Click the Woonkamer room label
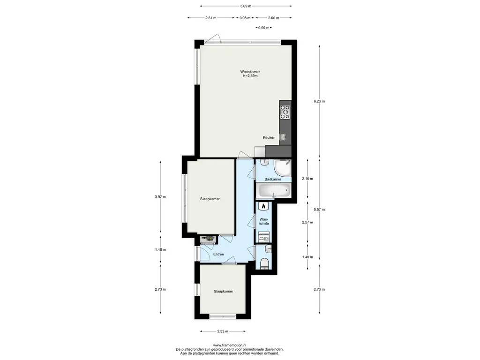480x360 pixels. point(250,72)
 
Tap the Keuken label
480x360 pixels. point(269,137)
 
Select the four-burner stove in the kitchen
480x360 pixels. point(285,112)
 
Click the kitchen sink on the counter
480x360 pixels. point(283,137)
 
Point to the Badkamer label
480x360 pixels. point(273,180)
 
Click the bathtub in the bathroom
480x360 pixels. point(273,191)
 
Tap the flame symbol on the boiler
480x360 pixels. point(263,206)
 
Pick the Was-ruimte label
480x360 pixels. point(264,221)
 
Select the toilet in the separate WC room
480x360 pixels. point(264,263)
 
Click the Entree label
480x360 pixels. point(218,254)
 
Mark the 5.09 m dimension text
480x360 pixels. point(246,6)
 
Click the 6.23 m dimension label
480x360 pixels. point(319,101)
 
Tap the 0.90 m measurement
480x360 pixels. point(264,28)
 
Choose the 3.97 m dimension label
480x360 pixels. point(160,197)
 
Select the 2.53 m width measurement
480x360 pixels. point(223,331)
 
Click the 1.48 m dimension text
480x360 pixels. point(160,249)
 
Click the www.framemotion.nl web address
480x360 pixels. point(230,345)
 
